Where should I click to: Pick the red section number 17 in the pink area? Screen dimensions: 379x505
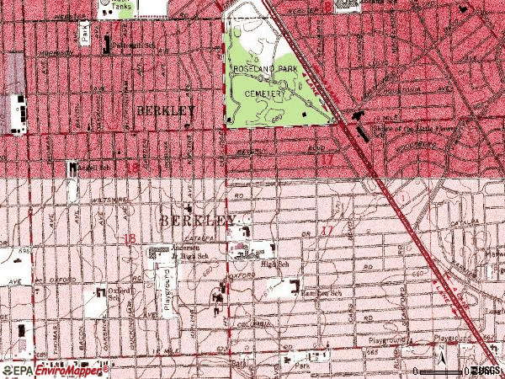(327, 230)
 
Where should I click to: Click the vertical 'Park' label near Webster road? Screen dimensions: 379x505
(85, 31)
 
